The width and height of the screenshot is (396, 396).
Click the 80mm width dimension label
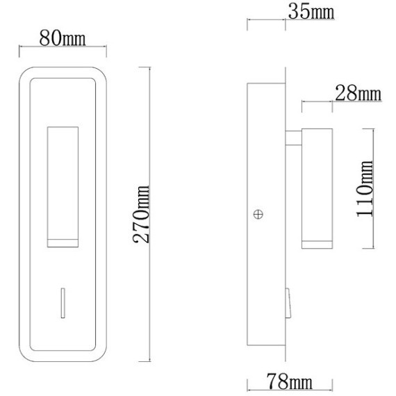[63, 38]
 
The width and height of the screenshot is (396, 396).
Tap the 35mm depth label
[311, 12]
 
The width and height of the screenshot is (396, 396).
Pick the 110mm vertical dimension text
[365, 188]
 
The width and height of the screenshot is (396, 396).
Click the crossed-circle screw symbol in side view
[258, 215]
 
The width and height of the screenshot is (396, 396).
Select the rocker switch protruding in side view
[288, 302]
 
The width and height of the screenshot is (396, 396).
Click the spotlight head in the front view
[63, 184]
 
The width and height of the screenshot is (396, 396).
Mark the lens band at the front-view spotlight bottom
[63, 242]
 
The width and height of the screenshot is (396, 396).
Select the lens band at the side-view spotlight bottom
[317, 242]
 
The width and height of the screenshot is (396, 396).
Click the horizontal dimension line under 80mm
[63, 48]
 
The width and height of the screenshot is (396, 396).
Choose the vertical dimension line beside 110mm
[375, 188]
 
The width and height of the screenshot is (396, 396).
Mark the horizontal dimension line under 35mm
[267, 21]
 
